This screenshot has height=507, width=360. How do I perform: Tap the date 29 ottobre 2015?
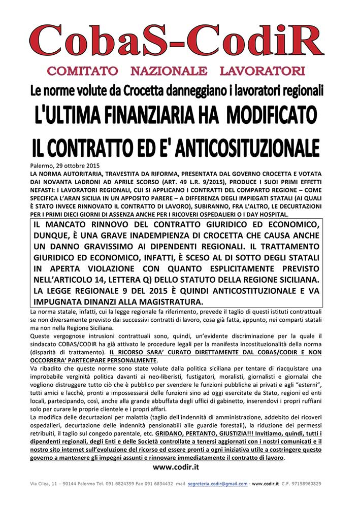point(76,165)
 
